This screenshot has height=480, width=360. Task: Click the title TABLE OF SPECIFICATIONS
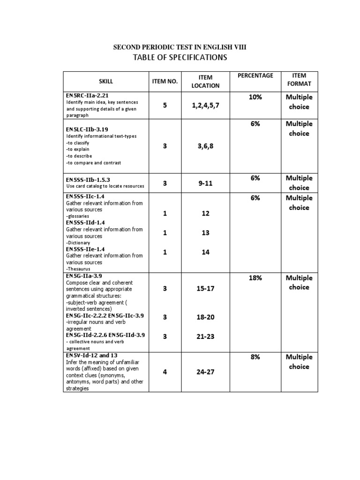180,57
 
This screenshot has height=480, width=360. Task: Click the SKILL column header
106,81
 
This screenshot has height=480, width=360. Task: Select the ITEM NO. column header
165,81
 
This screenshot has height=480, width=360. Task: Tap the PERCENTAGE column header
255,75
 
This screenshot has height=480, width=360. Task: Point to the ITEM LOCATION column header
205,81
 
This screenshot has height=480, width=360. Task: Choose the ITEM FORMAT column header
299,79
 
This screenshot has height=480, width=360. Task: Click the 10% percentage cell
255,97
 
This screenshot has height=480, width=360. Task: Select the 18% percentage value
255,277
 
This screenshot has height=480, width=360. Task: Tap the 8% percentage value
255,357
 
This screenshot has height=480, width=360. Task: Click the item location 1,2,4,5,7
205,105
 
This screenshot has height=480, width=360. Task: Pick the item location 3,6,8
205,146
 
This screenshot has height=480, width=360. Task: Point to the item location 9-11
205,183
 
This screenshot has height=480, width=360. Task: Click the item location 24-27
205,373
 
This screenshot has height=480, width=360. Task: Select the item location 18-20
205,317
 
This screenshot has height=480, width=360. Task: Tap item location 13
205,232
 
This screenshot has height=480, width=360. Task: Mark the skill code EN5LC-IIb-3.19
88,129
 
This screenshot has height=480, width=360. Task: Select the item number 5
165,105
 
